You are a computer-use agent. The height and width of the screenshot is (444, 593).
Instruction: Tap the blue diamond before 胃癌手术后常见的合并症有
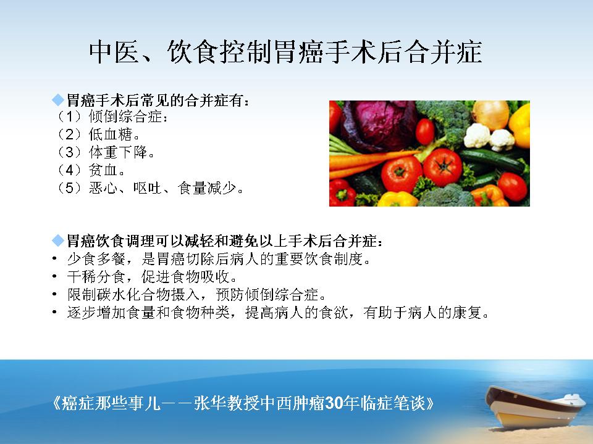pyautogui.click(x=58, y=100)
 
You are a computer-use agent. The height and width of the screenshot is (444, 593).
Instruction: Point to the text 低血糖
pyautogui.click(x=111, y=134)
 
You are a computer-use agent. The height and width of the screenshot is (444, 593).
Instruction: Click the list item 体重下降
pyautogui.click(x=118, y=152)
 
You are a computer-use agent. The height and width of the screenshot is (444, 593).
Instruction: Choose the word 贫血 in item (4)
pyautogui.click(x=103, y=170)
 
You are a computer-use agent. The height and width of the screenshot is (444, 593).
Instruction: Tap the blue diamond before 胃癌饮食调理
pyautogui.click(x=58, y=240)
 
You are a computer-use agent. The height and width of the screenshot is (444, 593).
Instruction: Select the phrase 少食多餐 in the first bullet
pyautogui.click(x=96, y=259)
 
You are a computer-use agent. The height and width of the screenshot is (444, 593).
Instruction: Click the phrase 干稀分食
pyautogui.click(x=96, y=277)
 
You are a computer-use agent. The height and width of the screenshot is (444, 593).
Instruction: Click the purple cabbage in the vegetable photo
pyautogui.click(x=379, y=125)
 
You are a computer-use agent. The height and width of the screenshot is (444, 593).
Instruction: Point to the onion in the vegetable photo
pyautogui.click(x=491, y=114)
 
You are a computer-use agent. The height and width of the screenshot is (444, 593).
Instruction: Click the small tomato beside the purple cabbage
pyautogui.click(x=425, y=131)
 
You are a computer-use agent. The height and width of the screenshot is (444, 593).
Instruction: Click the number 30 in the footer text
pyautogui.click(x=334, y=403)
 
